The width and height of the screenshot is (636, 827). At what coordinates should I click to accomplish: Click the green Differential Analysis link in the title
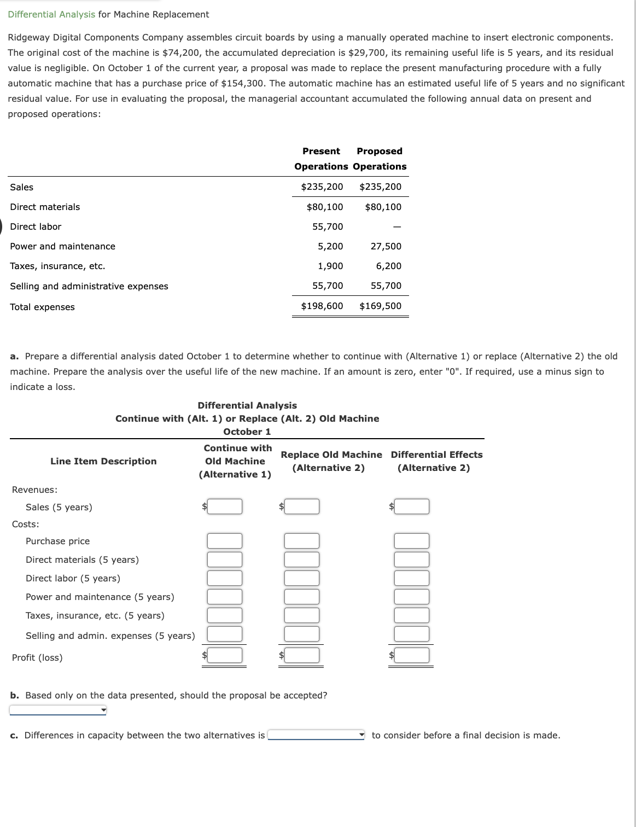[x=51, y=15]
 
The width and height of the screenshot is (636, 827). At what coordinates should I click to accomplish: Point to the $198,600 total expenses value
[x=322, y=306]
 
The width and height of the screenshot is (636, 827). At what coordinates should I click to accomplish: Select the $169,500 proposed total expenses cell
[x=380, y=306]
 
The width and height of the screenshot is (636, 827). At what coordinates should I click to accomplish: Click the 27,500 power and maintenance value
[x=386, y=247]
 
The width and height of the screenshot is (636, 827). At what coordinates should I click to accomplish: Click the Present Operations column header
[x=321, y=159]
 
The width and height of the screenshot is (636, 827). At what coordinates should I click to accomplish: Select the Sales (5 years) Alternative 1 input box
[x=224, y=507]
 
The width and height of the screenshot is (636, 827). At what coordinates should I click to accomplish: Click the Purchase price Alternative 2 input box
[x=301, y=541]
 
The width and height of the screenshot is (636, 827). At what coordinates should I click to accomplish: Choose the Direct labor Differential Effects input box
[x=412, y=579]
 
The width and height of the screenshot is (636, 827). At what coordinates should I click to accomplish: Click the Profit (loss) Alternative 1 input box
[x=224, y=655]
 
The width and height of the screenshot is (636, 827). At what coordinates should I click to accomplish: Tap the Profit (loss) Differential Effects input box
[x=412, y=655]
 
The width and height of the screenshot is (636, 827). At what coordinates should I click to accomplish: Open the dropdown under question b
[x=58, y=710]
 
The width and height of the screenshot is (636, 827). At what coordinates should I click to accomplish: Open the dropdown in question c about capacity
[x=316, y=736]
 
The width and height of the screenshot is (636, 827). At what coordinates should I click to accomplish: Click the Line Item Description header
[x=103, y=462]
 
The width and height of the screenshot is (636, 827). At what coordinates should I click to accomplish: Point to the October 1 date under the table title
[x=247, y=432]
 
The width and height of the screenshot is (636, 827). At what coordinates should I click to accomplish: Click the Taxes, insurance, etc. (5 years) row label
[x=95, y=616]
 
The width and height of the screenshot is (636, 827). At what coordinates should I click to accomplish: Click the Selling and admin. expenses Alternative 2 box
[x=301, y=634]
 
